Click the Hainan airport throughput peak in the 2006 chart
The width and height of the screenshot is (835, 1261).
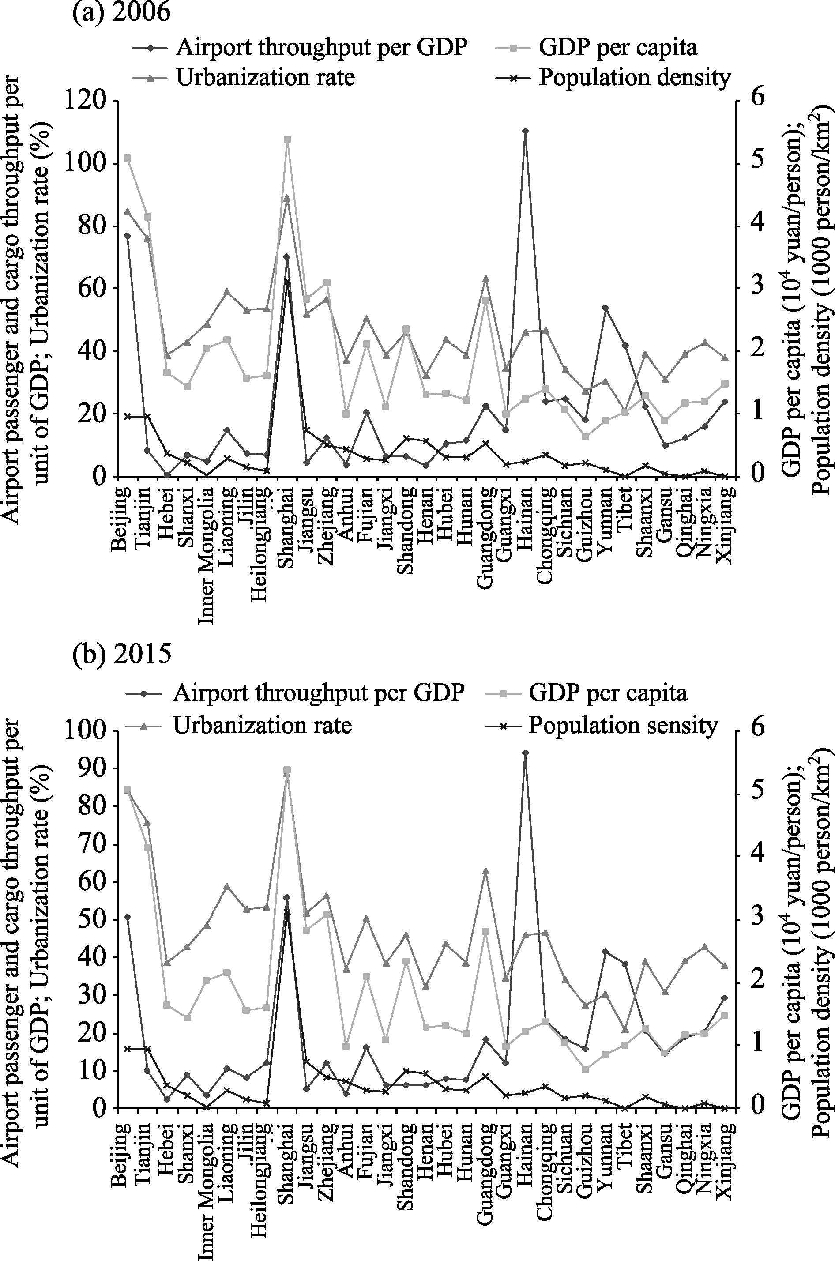point(525,131)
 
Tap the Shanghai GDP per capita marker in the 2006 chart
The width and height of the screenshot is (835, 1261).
point(287,139)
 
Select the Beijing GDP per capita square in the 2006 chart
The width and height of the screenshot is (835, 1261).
point(127,158)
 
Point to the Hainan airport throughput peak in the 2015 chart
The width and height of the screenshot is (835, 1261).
point(525,753)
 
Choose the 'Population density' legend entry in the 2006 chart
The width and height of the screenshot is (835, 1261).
point(613,78)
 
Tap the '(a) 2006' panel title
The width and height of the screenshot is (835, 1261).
point(122,12)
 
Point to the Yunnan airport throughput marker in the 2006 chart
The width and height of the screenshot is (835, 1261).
point(605,308)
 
